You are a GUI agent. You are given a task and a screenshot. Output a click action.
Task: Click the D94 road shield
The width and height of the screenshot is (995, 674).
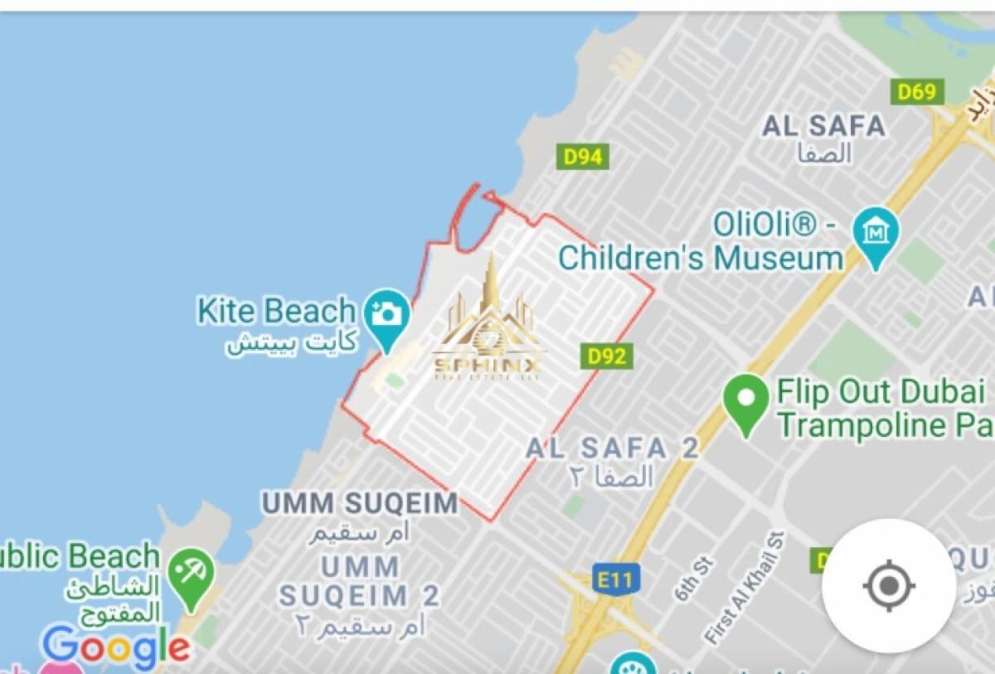(582, 156)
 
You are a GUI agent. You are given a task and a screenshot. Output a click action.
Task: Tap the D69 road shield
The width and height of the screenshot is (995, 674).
(917, 91)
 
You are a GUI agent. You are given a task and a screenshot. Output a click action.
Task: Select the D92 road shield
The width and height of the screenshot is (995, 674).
(606, 356)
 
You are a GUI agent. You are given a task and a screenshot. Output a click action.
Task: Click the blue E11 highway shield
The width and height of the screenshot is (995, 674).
(614, 579)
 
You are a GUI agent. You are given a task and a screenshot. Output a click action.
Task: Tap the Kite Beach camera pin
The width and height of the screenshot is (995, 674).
(386, 315)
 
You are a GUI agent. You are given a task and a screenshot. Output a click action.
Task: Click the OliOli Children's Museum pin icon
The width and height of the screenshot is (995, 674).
(875, 232)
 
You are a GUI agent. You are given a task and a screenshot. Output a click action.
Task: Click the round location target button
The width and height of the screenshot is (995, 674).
(888, 586)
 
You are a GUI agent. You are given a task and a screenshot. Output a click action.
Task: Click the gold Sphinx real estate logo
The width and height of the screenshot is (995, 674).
(488, 324)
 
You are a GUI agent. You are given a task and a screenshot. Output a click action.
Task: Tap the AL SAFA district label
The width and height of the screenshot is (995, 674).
(823, 126)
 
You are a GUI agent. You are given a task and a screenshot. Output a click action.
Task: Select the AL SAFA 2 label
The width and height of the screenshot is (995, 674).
(612, 449)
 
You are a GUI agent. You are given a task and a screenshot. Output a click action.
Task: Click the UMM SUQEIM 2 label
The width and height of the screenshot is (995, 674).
(359, 581)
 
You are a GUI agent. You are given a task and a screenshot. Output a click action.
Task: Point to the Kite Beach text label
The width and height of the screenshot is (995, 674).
(276, 311)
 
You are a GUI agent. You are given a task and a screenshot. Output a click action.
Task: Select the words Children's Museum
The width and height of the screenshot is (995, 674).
(701, 258)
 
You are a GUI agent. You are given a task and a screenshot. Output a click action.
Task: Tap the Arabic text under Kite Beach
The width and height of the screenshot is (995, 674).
(292, 342)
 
